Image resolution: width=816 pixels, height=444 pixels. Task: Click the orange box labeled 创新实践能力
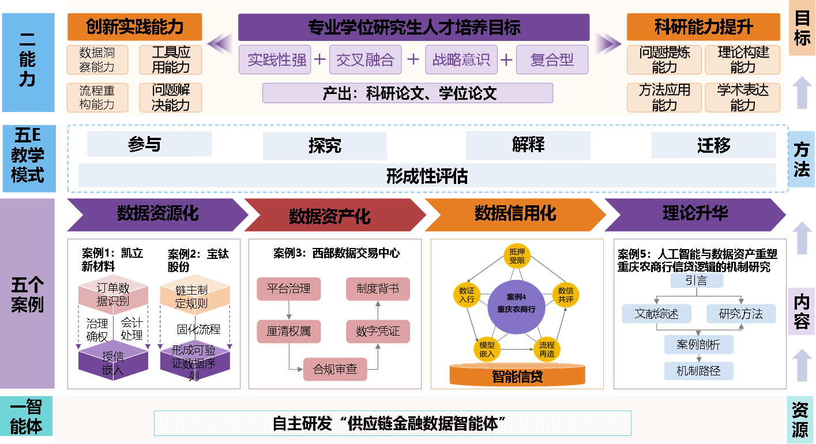(134, 27)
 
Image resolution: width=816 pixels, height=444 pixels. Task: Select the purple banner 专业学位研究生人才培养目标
(413, 27)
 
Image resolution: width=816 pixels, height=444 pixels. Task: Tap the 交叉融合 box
(365, 60)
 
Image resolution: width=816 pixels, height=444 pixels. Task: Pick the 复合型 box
(552, 60)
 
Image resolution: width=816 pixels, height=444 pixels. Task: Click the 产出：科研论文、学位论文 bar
(407, 93)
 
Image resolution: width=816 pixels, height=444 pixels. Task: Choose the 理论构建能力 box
(743, 60)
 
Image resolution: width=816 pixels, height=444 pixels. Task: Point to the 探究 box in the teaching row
(325, 146)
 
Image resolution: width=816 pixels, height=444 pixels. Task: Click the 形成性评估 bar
(427, 176)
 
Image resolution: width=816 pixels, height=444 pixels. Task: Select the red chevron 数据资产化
(330, 216)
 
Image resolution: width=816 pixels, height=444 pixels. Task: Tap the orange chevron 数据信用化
(515, 214)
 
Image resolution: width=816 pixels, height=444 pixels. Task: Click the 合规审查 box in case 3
(335, 369)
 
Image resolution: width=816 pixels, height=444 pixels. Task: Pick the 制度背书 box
(378, 289)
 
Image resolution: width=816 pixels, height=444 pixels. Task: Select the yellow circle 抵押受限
(516, 256)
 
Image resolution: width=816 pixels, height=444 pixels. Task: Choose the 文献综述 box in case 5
(656, 314)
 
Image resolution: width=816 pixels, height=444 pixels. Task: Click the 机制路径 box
(699, 370)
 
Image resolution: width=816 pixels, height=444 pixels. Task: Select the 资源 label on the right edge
(800, 420)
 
